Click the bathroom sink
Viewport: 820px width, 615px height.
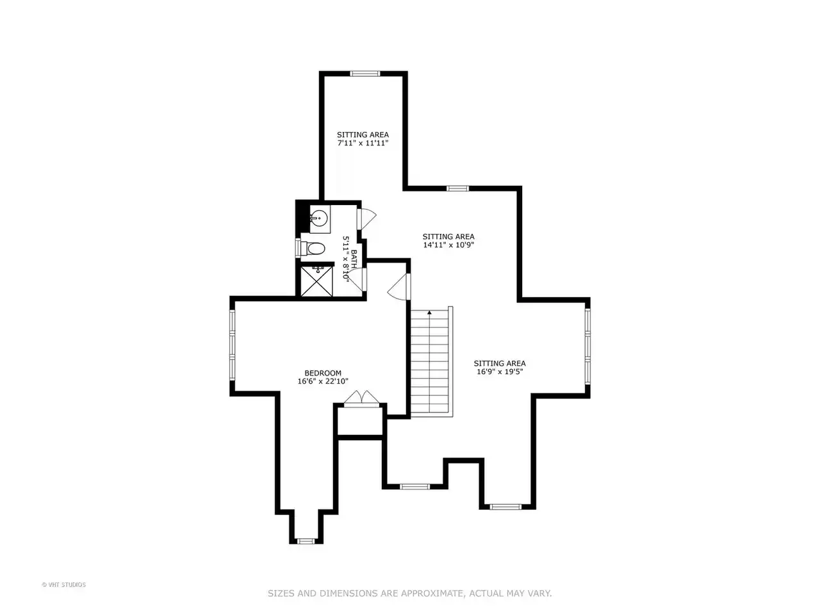[318, 217]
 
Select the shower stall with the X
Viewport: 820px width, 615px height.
[316, 281]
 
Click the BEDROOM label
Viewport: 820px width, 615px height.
[323, 373]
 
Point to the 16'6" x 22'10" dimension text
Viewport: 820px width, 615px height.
[323, 381]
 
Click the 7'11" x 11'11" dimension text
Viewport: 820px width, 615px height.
[363, 143]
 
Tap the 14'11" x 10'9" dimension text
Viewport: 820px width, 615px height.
[448, 245]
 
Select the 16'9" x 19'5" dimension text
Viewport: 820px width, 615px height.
[500, 372]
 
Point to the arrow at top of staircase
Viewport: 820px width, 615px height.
[430, 313]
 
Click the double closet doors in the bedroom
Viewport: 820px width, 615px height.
[361, 398]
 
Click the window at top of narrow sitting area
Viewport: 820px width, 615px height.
[365, 74]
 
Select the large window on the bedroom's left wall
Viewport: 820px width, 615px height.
[233, 345]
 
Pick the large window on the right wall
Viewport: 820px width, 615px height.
[587, 346]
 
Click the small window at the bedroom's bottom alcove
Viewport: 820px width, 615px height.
[306, 541]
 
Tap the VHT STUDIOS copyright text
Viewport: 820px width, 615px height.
[63, 585]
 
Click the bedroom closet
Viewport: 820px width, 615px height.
[360, 421]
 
